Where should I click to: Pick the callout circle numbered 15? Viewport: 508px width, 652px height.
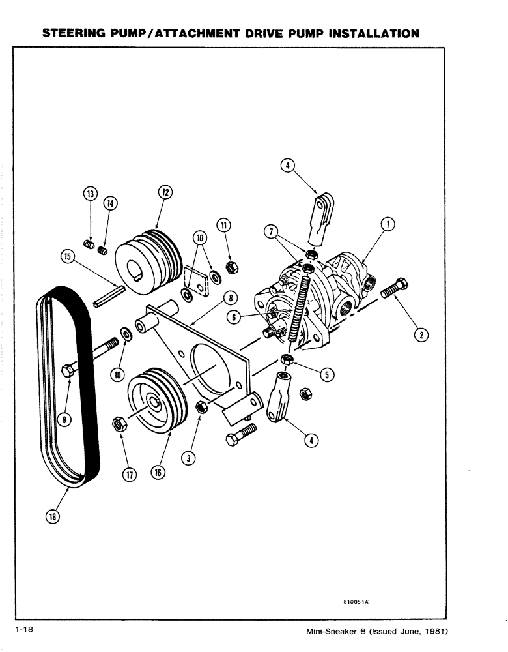coord(67,257)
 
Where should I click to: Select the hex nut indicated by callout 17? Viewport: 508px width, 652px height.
coord(119,423)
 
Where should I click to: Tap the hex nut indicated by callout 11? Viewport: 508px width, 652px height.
coord(229,267)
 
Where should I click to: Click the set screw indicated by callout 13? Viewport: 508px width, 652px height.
coord(91,244)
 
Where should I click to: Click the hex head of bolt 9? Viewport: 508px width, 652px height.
coord(66,372)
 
